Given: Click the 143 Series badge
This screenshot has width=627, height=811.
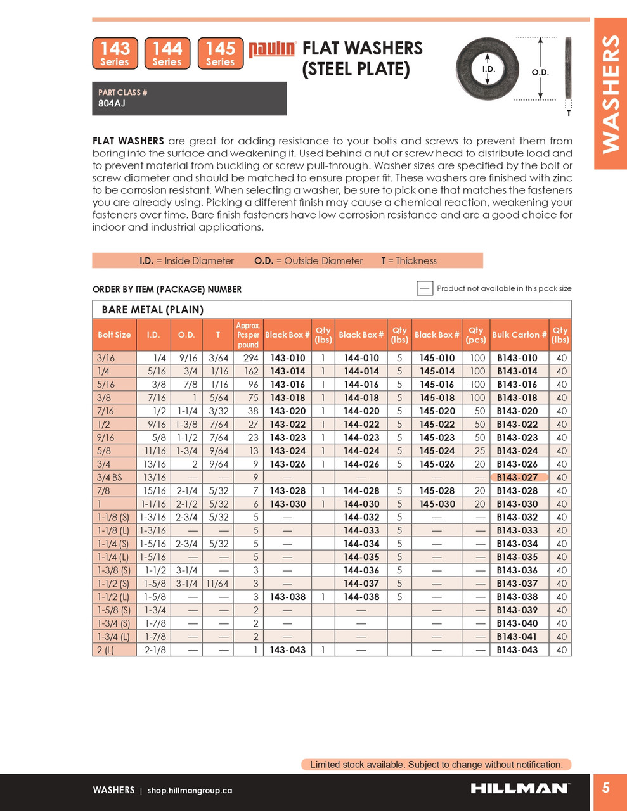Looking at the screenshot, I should pos(115,53).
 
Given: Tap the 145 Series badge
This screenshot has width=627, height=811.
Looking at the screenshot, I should pos(220,53).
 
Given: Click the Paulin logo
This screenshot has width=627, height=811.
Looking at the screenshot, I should pos(272,49).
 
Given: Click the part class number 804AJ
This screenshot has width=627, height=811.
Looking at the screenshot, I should pos(112,103).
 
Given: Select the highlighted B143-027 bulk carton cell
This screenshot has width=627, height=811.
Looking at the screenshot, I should pos(517,477).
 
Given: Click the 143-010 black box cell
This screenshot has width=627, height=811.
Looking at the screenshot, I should pos(288,358).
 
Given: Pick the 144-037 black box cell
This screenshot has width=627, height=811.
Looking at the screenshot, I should pos(361,584).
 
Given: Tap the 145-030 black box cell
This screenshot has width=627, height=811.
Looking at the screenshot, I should pos(437,504).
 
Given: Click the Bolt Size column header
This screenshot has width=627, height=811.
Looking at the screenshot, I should pos(114,335).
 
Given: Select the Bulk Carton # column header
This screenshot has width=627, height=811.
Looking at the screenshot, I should pos(519,335).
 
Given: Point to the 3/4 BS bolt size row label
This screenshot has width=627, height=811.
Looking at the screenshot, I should pos(109,477).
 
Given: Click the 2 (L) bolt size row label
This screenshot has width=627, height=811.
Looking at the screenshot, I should pos(105,650).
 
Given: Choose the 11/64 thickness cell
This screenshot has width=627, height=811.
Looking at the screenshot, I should pos(218,584).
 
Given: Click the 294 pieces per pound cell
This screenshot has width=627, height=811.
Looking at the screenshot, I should pos(252,358).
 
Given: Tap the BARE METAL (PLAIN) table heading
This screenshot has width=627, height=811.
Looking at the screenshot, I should pos(152,310).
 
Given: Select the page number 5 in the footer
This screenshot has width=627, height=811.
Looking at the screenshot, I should pos(606,788).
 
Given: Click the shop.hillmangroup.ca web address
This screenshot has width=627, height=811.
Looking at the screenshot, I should pos(190,790).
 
